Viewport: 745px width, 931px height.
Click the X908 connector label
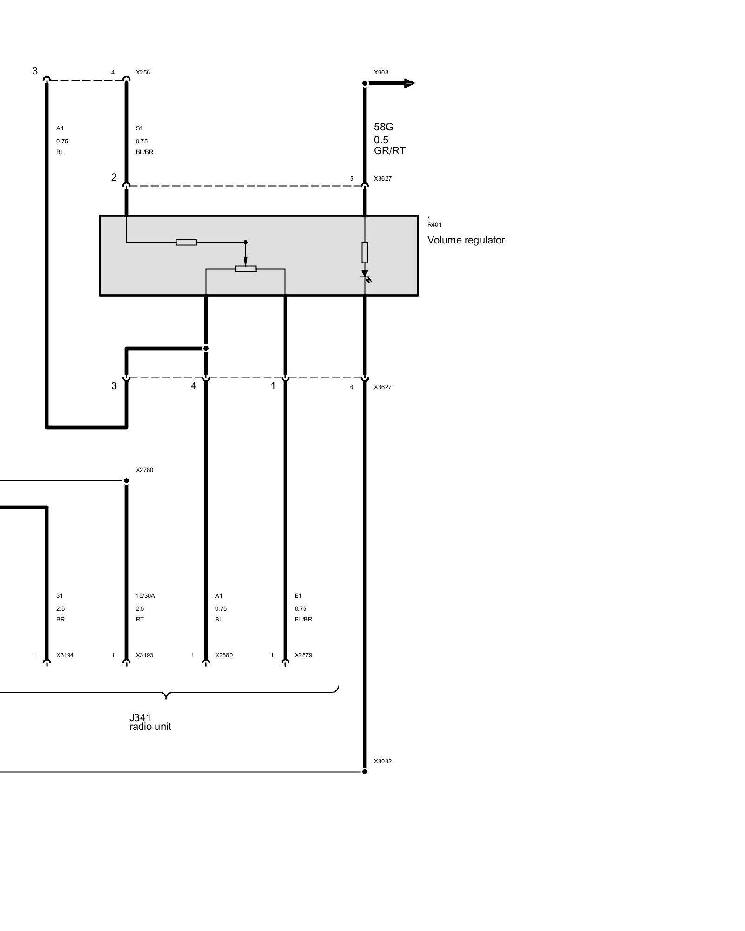click(x=381, y=73)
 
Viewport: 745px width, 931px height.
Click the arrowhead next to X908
click(x=409, y=83)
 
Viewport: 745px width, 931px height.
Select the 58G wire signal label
click(x=384, y=127)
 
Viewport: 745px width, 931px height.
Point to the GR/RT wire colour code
click(x=390, y=150)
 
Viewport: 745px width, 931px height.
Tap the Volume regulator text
click(x=466, y=240)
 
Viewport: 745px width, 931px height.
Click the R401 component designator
click(x=434, y=225)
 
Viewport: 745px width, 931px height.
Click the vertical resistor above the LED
click(x=365, y=252)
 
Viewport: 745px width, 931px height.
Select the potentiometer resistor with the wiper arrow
click(x=246, y=269)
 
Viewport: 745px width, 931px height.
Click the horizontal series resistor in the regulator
click(x=187, y=242)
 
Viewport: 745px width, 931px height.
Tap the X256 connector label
click(x=143, y=73)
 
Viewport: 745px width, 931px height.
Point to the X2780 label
click(x=144, y=470)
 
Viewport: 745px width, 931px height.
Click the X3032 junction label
click(x=383, y=762)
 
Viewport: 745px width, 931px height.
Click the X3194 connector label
click(x=65, y=655)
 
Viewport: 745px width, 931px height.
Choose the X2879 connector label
click(x=303, y=655)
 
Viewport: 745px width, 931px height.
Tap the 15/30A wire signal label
click(x=145, y=596)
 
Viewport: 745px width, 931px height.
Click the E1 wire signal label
click(x=298, y=596)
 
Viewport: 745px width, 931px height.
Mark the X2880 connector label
click(x=224, y=655)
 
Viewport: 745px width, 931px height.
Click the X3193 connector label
click(x=144, y=655)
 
